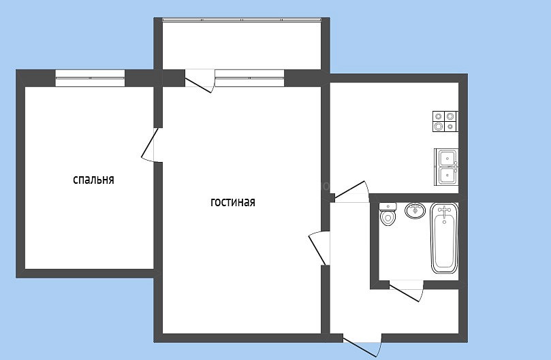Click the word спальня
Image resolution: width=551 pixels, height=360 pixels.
coord(93,180)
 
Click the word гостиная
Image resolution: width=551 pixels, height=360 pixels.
coord(233,202)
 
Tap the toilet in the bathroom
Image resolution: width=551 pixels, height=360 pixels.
coord(388,214)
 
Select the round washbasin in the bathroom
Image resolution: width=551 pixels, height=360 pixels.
coord(415,210)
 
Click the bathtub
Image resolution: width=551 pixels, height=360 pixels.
coord(444,238)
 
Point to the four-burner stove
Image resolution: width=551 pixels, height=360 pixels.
coord(445,121)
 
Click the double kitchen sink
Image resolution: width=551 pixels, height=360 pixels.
coord(446,167)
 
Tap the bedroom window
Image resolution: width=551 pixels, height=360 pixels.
coord(90,78)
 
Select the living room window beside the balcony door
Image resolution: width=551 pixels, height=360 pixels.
coord(249,78)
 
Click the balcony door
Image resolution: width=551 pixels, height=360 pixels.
coord(200,82)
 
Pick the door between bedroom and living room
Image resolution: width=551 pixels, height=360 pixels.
coord(152,145)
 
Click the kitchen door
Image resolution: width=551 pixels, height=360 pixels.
coord(351,191)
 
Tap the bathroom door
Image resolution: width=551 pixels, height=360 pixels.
coord(407,291)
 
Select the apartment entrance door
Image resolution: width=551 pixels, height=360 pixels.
coord(362,346)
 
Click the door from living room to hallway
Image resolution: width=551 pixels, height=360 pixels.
coord(319,248)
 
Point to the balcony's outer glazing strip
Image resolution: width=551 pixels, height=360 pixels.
coord(242,20)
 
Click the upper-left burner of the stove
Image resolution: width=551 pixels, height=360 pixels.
coord(439,116)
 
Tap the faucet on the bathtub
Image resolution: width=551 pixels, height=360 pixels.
coord(444,210)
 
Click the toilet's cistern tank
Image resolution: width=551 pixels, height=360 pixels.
coord(388,206)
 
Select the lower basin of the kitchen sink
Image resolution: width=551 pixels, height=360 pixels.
coord(447,176)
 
